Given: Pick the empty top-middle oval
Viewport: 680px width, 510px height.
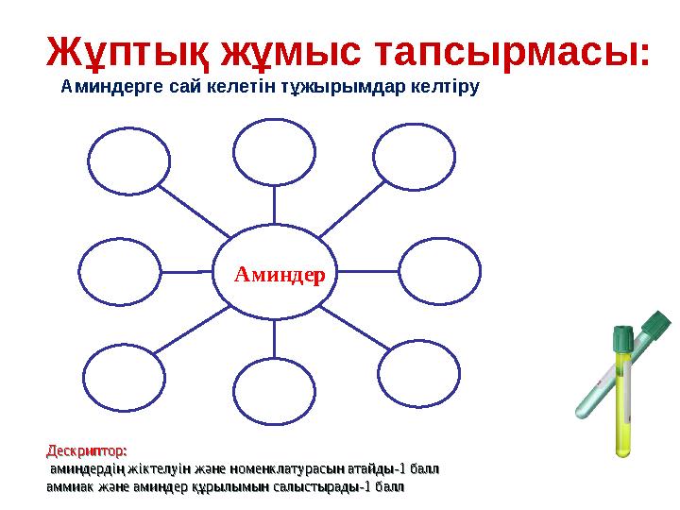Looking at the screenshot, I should (275, 152).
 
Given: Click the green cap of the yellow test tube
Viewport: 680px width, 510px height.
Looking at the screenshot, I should (621, 336).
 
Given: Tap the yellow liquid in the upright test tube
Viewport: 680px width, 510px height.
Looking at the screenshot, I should (622, 406).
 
